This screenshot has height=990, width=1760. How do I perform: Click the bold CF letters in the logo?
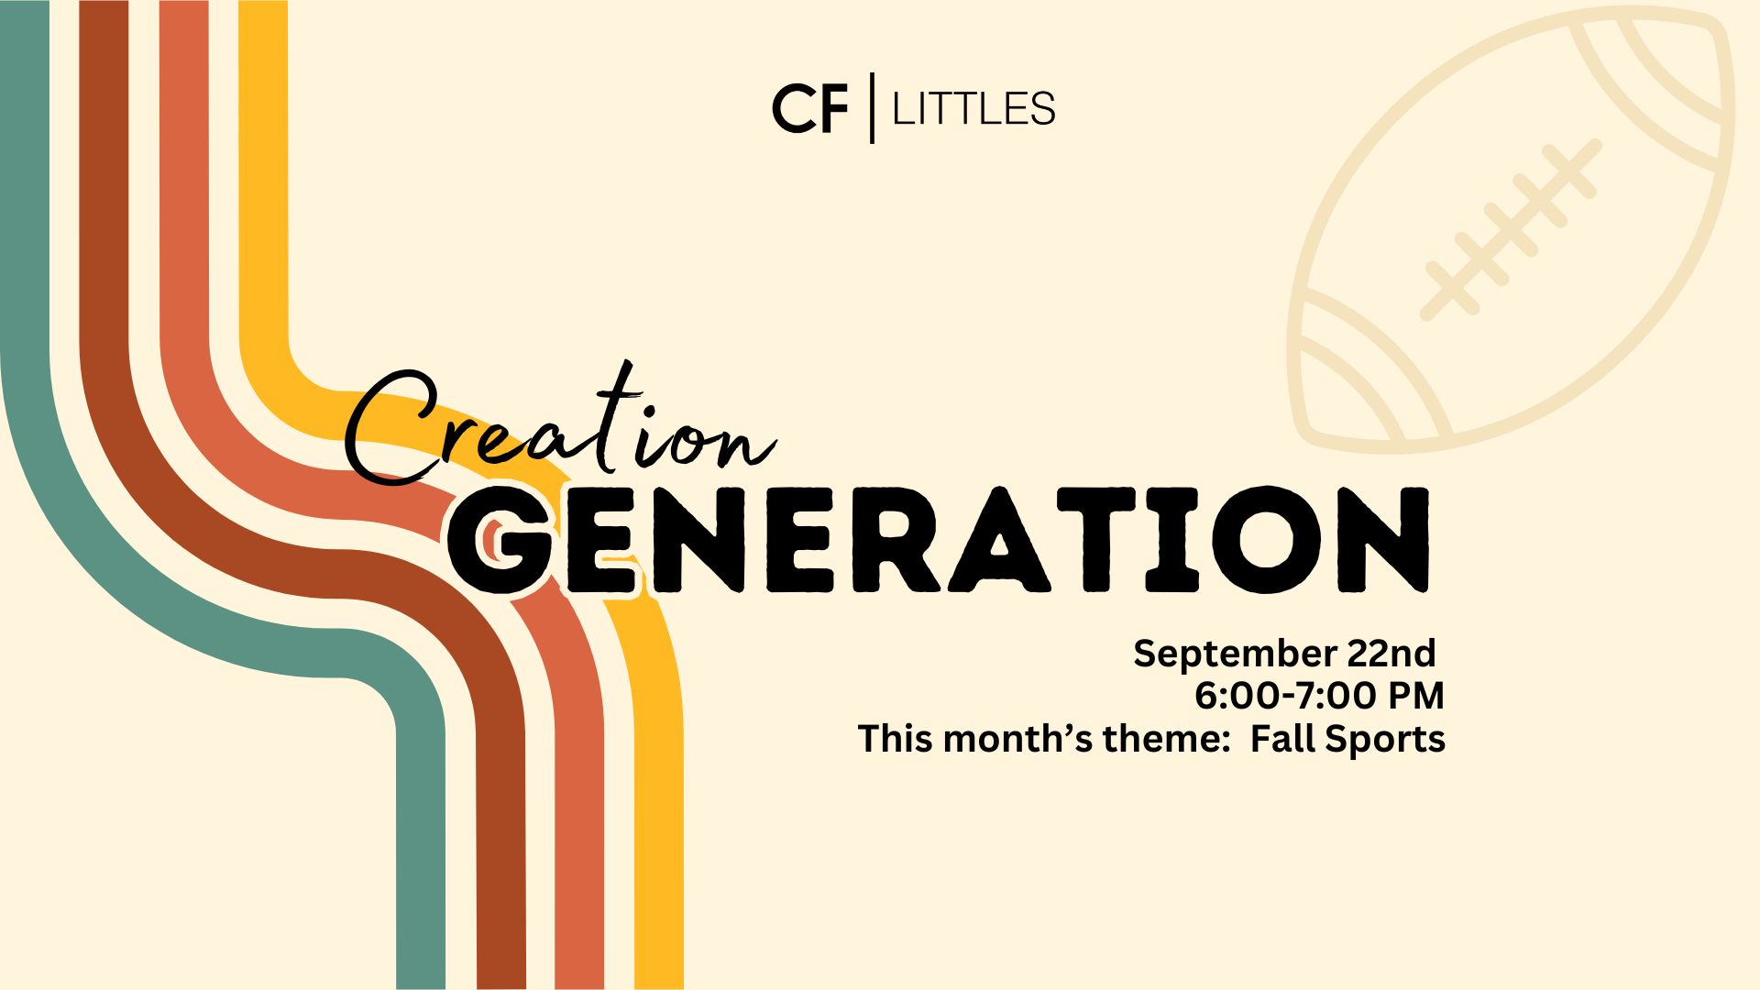click(810, 109)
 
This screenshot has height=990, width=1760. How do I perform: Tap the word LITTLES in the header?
click(973, 109)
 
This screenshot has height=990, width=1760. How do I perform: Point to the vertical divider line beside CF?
click(872, 107)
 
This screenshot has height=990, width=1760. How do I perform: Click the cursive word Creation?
click(560, 427)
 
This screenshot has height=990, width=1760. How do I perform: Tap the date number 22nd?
click(1391, 653)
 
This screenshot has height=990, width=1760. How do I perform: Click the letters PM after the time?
click(1415, 696)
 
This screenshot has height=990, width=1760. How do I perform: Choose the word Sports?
click(1385, 740)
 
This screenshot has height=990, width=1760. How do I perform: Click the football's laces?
click(1511, 229)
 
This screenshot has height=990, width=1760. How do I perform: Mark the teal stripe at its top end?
click(25, 4)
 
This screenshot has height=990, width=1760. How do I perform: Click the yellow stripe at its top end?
click(263, 4)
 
